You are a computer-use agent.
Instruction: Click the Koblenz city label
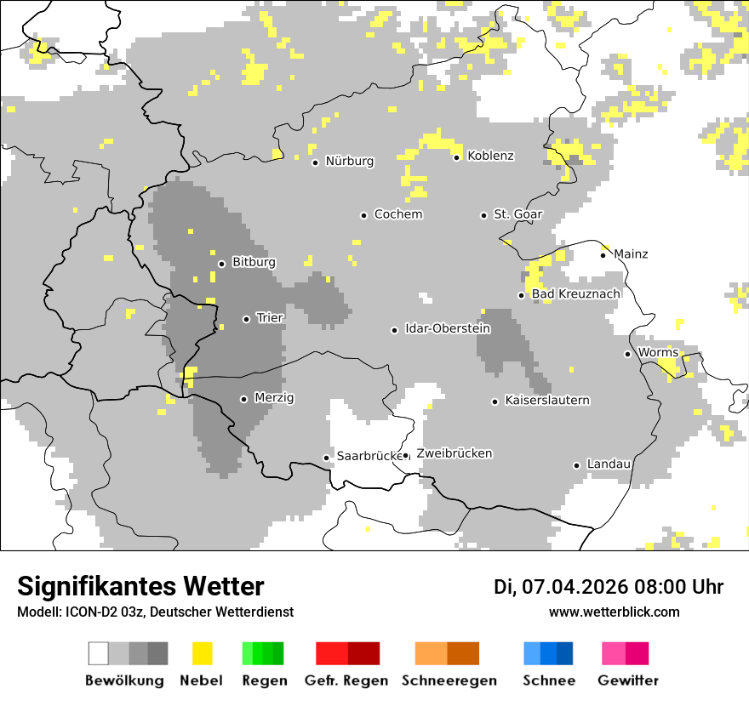pyautogui.click(x=490, y=156)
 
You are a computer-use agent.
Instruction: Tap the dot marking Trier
pyautogui.click(x=246, y=319)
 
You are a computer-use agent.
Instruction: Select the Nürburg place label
pyautogui.click(x=349, y=161)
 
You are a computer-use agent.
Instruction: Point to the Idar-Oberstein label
pyautogui.click(x=448, y=328)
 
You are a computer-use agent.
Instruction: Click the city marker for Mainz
pyautogui.click(x=603, y=255)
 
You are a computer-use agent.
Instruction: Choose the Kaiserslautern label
pyautogui.click(x=546, y=400)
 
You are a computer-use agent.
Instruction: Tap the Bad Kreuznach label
pyautogui.click(x=575, y=294)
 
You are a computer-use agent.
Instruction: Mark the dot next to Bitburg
pyautogui.click(x=221, y=264)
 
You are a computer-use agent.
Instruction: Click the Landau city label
pyautogui.click(x=609, y=464)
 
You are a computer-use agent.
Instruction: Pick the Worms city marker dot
pyautogui.click(x=627, y=354)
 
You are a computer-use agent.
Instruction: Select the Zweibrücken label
pyautogui.click(x=454, y=453)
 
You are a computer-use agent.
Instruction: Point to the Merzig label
pyautogui.click(x=274, y=398)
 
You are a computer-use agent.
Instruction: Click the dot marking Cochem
pyautogui.click(x=363, y=215)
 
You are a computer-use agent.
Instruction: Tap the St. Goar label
pyautogui.click(x=517, y=214)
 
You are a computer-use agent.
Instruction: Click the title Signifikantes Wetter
pyautogui.click(x=140, y=586)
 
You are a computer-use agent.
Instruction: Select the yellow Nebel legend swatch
pyautogui.click(x=203, y=653)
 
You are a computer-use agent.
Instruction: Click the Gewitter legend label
pyautogui.click(x=627, y=680)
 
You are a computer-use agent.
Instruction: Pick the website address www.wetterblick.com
pyautogui.click(x=614, y=612)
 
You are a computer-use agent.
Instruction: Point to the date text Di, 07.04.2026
pyautogui.click(x=560, y=587)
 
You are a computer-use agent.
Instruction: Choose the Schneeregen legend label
pyautogui.click(x=449, y=680)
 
